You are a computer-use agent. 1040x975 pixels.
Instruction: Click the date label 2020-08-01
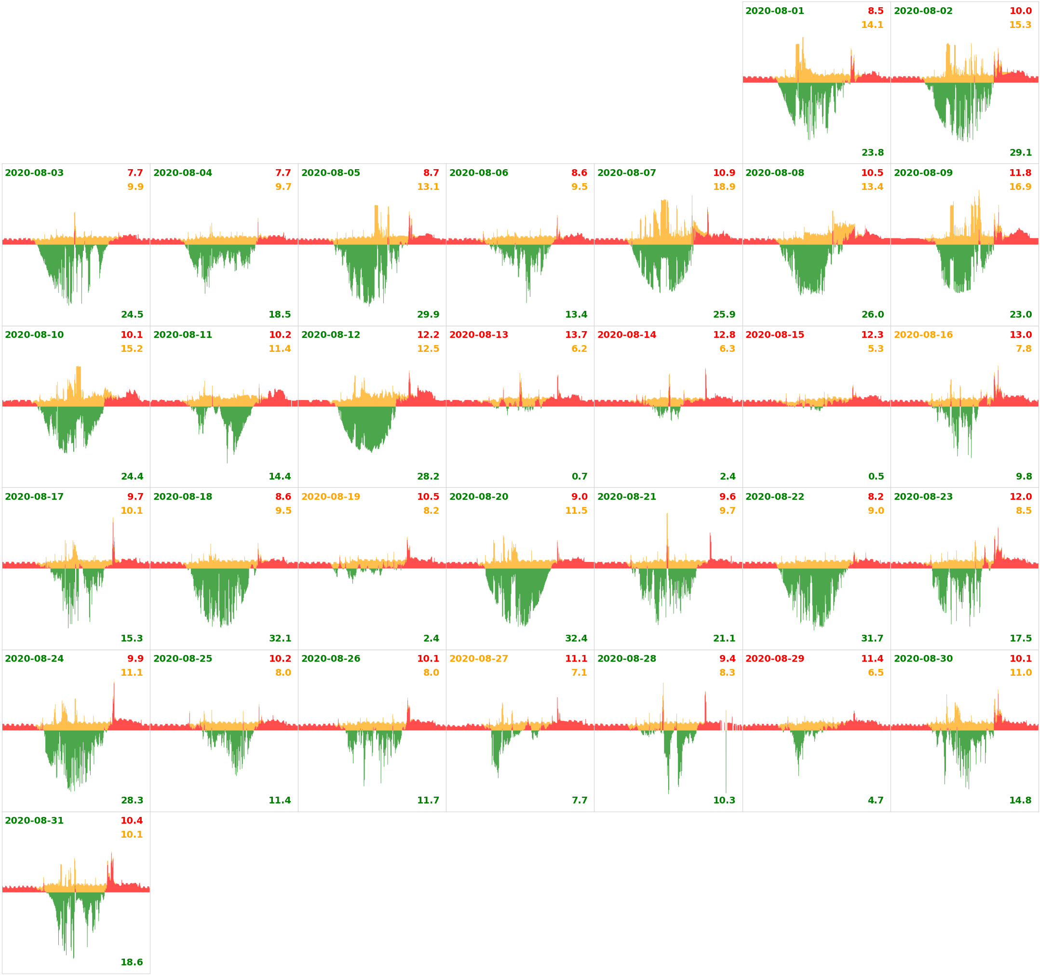774,11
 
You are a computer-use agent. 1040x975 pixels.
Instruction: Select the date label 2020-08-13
478,335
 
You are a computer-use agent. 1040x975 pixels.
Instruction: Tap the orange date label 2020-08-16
923,335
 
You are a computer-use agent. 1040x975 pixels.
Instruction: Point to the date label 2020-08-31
34,821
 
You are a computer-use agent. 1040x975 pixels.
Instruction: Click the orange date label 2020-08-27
478,658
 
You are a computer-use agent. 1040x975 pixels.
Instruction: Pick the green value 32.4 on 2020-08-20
576,638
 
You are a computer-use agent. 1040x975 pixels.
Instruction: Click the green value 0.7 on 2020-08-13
579,477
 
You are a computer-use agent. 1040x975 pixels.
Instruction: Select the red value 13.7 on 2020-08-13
576,335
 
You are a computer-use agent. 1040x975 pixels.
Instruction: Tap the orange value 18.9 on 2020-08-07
724,187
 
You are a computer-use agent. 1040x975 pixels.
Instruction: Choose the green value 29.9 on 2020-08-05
428,314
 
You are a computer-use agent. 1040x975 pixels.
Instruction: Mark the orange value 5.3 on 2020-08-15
875,349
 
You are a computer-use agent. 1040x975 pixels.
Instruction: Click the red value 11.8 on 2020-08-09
1020,173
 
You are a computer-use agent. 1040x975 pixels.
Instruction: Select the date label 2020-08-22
774,496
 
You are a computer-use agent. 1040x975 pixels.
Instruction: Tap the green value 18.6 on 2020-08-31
131,962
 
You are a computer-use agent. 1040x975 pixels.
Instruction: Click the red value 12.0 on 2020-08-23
1020,496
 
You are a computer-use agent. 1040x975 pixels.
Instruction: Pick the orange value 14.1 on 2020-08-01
872,25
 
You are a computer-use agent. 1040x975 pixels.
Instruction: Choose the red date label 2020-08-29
774,658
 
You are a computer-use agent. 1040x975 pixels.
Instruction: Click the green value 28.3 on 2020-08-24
132,801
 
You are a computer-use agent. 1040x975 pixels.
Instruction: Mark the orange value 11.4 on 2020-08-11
280,349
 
